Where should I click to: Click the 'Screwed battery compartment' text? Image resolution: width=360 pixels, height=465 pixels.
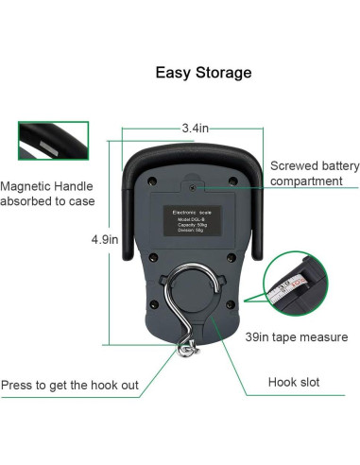pos(314,174)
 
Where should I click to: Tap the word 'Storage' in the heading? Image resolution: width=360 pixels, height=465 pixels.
pos(229,71)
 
